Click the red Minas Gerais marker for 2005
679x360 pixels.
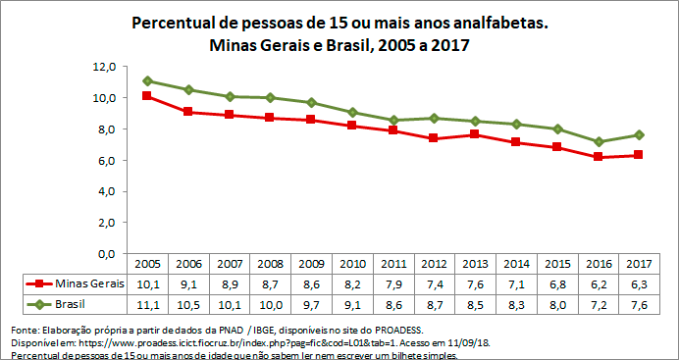point(147,96)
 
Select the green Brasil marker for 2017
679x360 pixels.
point(639,134)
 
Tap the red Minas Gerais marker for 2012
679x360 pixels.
point(434,138)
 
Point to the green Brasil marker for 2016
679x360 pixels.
point(598,141)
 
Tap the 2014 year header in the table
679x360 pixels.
point(515,265)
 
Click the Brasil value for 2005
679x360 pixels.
point(147,304)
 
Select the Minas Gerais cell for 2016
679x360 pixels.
point(598,283)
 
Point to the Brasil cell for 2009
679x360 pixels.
point(311,304)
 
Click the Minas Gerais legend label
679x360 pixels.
point(86,283)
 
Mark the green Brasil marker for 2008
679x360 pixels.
point(270,98)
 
